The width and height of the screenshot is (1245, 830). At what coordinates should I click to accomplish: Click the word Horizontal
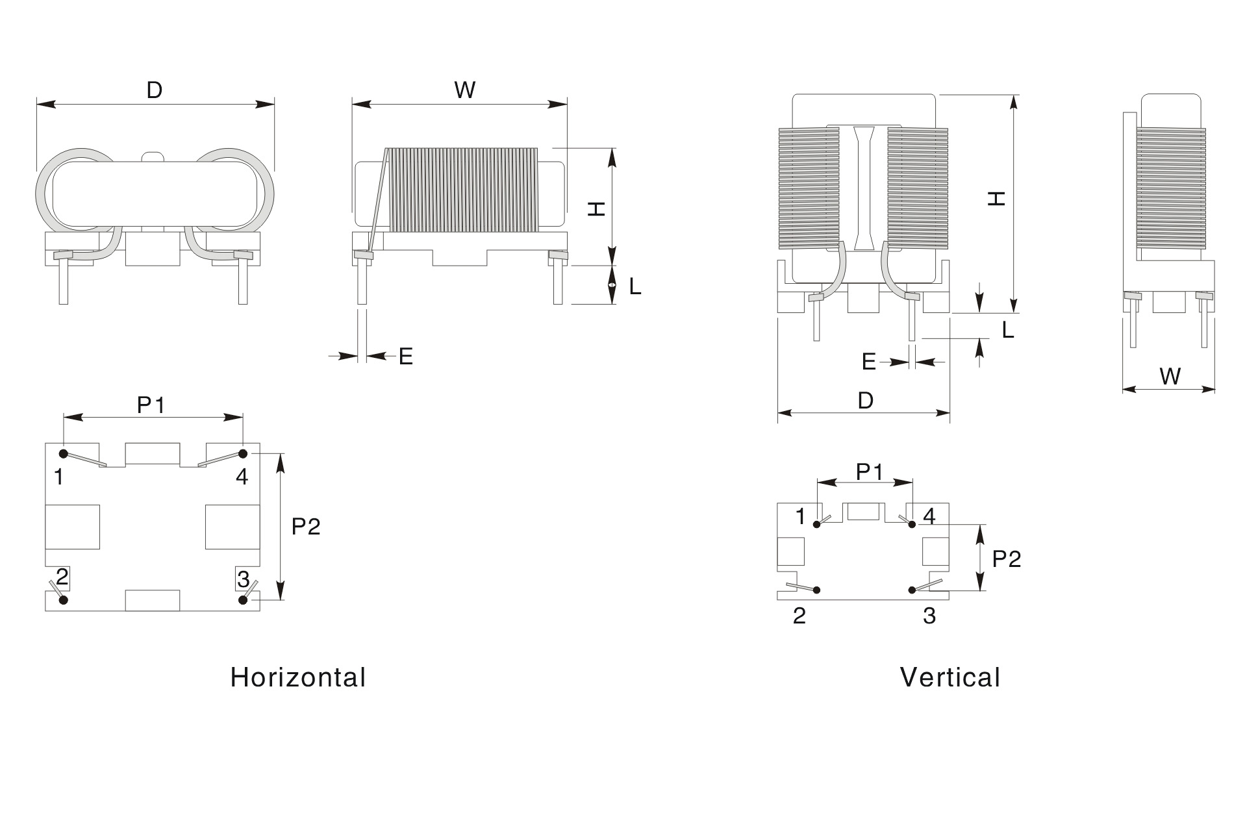coord(298,677)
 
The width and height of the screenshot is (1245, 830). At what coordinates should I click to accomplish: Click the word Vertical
coord(949,677)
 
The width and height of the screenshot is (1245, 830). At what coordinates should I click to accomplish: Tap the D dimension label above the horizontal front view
coord(154,90)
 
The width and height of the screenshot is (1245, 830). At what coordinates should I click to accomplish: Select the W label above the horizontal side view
coord(465,90)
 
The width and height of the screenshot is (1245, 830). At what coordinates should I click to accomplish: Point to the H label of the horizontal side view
coord(596,208)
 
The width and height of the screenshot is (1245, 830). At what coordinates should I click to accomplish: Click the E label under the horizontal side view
coord(406,357)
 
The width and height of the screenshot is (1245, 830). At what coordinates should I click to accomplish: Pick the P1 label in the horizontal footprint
coord(151,405)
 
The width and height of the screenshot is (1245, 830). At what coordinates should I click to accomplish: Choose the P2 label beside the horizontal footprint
coord(306,526)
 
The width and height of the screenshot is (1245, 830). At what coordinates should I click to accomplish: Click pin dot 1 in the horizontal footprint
coord(64,453)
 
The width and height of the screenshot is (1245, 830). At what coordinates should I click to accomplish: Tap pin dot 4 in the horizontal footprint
coord(243,453)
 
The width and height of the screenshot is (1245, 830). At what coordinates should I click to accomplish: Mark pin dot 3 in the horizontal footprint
coord(243,599)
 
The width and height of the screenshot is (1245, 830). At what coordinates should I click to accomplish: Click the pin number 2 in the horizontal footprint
coord(62,577)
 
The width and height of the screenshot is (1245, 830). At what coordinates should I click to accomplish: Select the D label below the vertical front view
coord(866,401)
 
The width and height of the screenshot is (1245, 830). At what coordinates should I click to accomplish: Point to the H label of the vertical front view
coord(997,198)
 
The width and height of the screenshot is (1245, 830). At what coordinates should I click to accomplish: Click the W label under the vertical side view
coord(1170,377)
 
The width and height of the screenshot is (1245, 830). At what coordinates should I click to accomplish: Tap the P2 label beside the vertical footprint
coord(1007,559)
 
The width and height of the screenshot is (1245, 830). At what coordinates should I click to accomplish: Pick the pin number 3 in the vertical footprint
coord(929,616)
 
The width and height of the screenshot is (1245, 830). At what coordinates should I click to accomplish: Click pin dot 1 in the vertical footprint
coord(818,524)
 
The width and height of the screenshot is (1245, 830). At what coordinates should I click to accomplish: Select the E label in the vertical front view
coord(869,362)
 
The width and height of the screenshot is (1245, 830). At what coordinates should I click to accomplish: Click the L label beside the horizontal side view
coord(635,286)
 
